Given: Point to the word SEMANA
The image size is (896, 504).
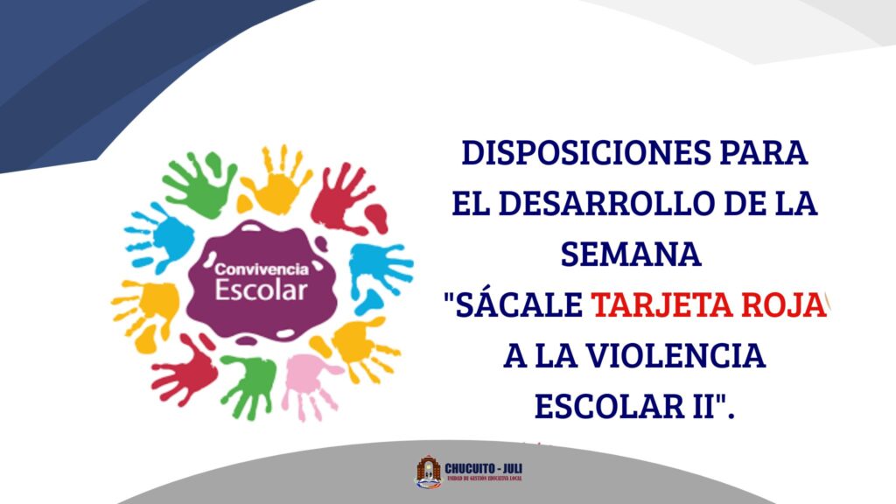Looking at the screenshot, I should [631, 255].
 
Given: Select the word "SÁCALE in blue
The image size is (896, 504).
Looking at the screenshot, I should [513, 305].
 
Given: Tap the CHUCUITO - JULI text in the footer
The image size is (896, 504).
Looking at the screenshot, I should [483, 466].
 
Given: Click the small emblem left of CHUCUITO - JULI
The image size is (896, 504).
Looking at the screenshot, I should [428, 472].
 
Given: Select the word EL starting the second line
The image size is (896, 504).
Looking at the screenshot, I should [469, 205].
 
